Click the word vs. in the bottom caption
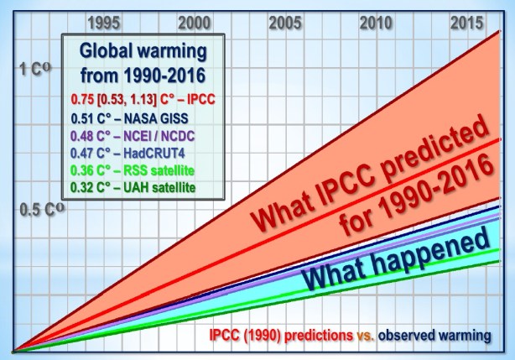coord(364,335)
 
